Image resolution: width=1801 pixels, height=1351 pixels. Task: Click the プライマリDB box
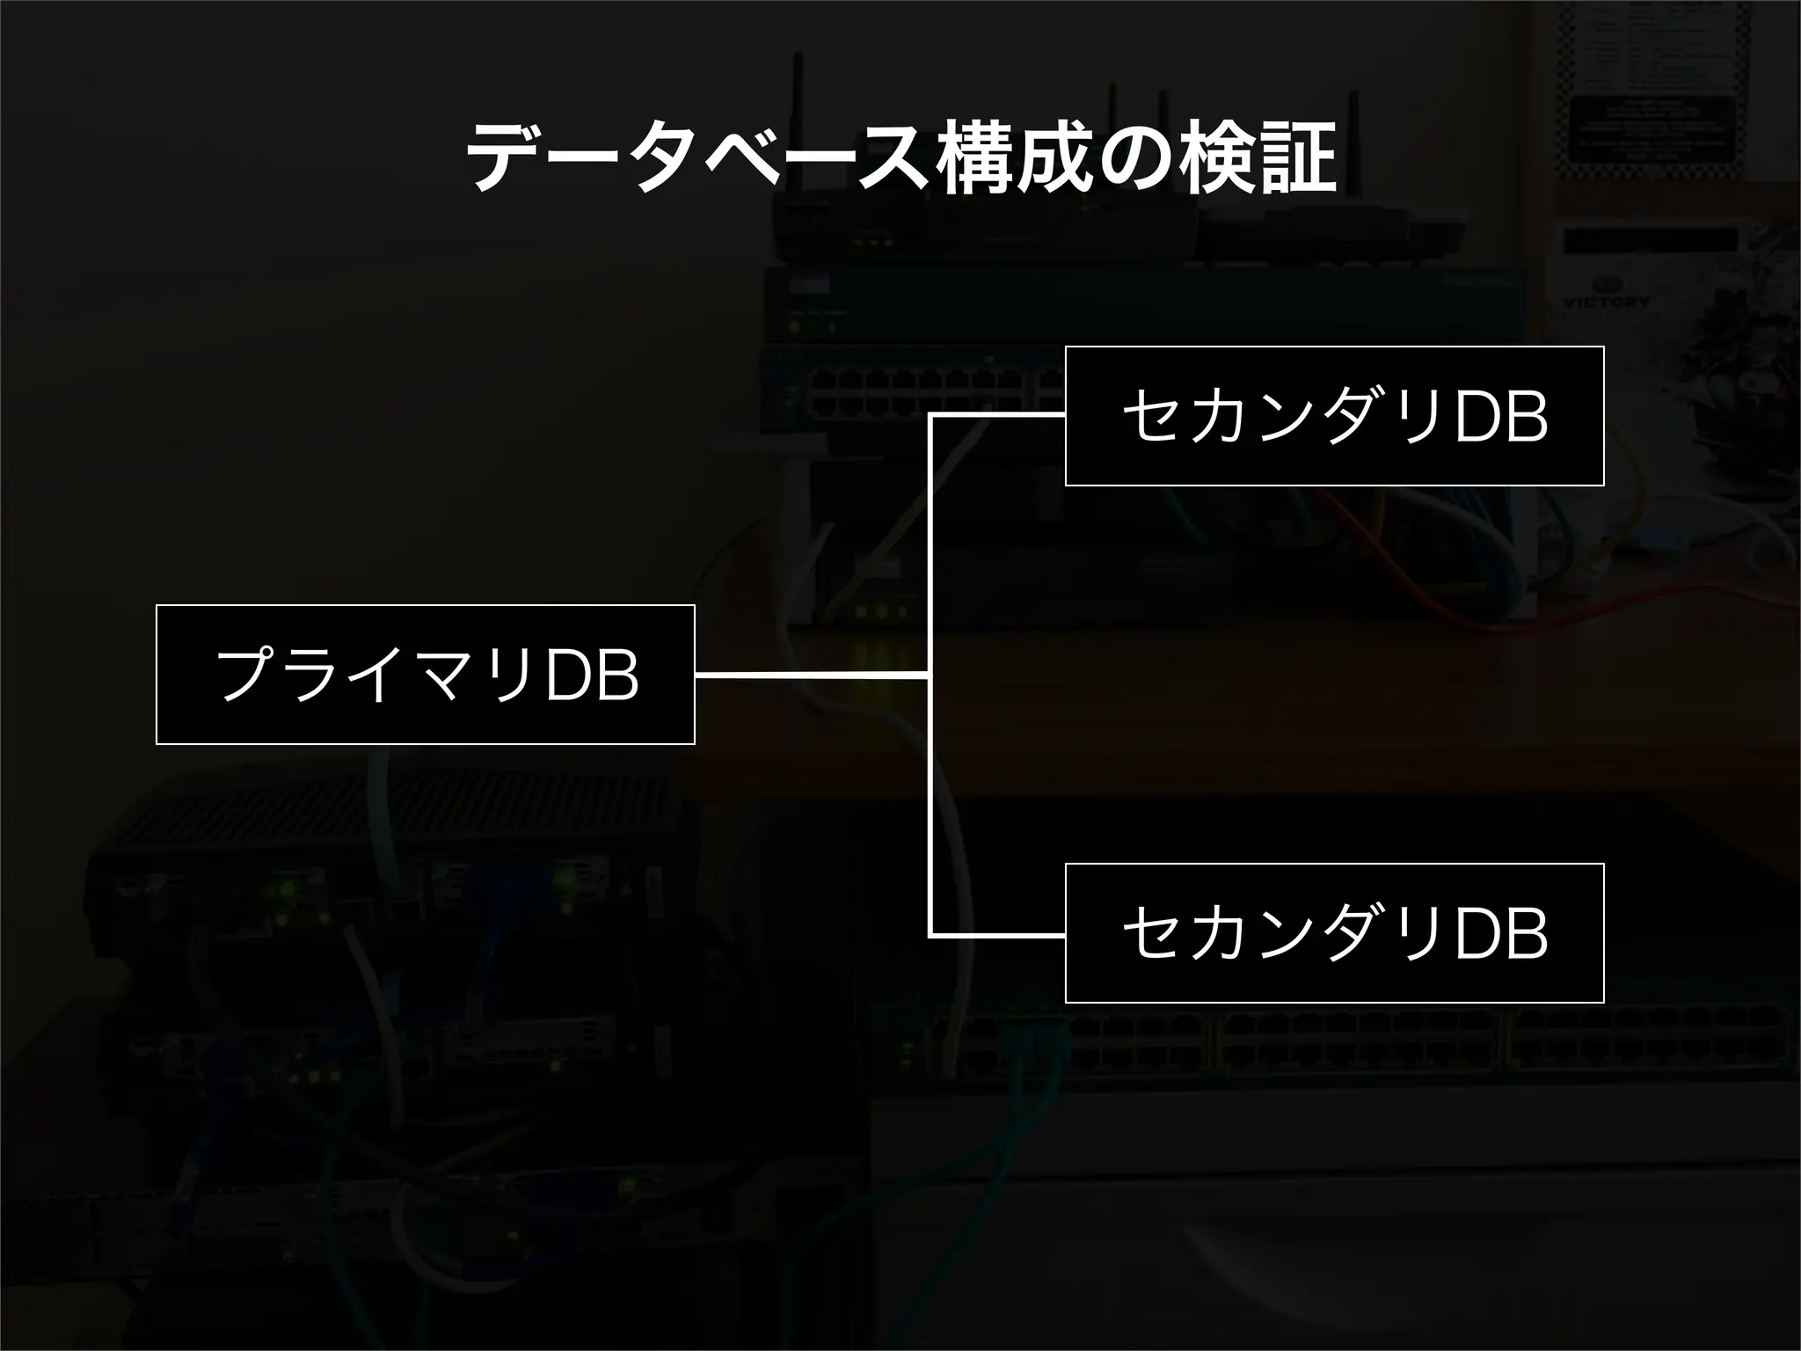point(426,675)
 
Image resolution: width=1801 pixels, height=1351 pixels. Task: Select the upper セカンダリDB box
point(1334,416)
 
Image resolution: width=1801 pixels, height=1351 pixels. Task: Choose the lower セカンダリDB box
point(1334,933)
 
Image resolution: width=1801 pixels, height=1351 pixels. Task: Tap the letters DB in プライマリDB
point(592,675)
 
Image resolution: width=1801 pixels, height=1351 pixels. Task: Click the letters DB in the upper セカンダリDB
point(1502,417)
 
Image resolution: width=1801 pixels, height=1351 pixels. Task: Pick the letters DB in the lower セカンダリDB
point(1502,934)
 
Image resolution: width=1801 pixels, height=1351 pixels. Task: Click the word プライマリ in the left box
point(378,675)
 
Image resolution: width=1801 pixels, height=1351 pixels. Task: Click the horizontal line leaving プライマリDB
point(809,675)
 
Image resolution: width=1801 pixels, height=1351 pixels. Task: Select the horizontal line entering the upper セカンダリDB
point(998,414)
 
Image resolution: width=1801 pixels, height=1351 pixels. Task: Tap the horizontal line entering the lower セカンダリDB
point(998,937)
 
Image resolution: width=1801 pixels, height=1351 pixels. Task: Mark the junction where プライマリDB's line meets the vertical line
point(930,675)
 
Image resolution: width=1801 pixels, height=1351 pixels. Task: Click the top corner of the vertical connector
point(930,414)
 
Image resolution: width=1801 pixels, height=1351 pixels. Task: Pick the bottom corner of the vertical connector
point(930,937)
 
